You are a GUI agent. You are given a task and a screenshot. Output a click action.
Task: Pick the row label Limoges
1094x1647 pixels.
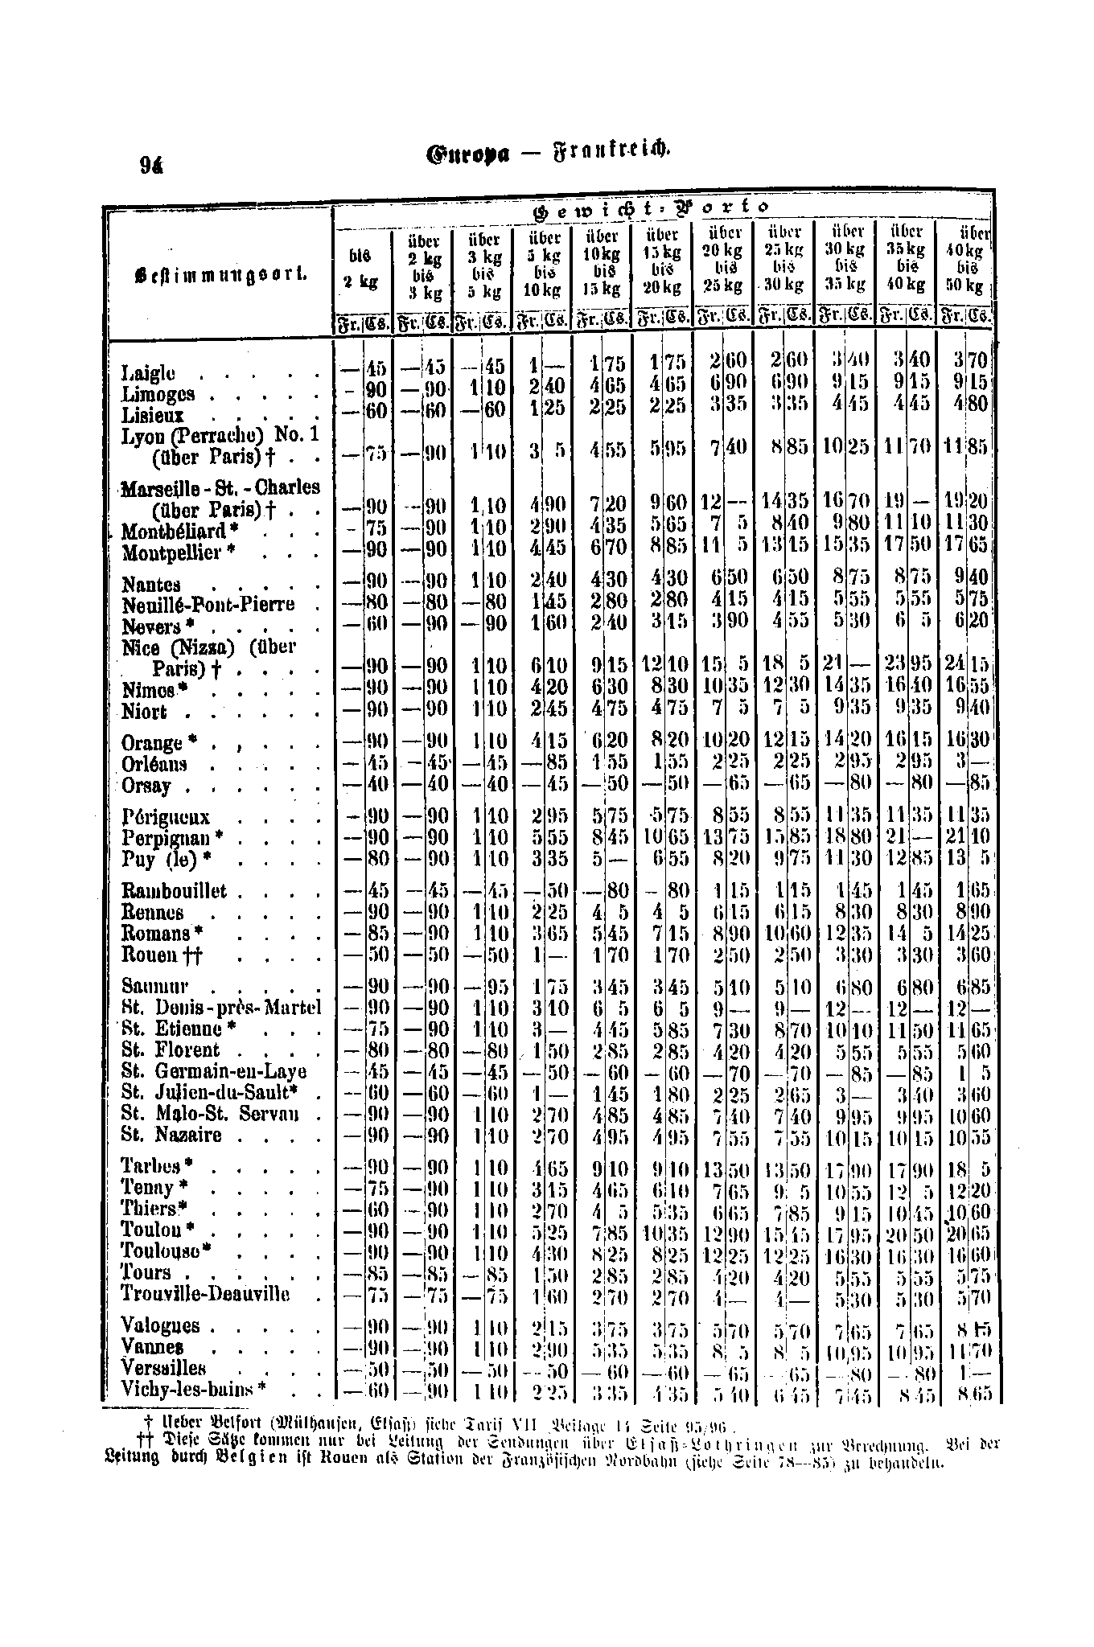click(x=158, y=394)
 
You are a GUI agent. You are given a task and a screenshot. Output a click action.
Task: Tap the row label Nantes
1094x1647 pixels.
click(x=151, y=585)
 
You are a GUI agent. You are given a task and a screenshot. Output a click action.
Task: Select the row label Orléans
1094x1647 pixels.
click(x=154, y=763)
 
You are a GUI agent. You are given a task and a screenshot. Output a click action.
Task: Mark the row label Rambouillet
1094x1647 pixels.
click(x=174, y=891)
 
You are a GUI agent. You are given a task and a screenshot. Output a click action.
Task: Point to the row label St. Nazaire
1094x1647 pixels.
click(x=171, y=1136)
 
